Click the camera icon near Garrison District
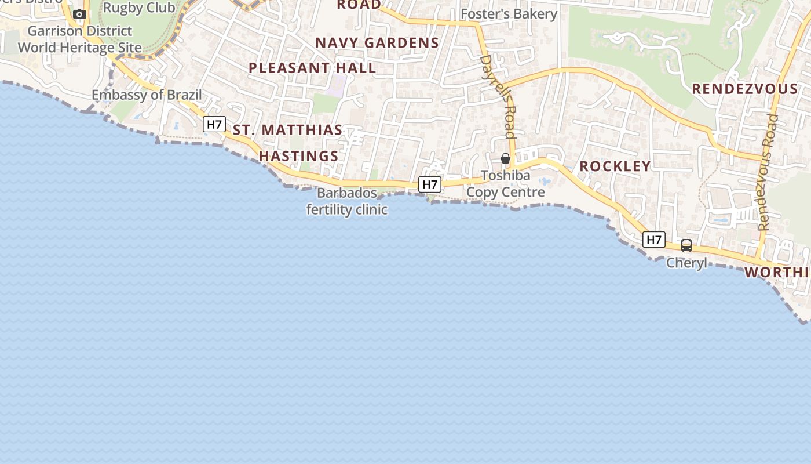pos(80,14)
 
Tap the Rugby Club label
pos(139,8)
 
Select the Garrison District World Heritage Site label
pos(80,39)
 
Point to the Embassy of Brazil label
pos(147,95)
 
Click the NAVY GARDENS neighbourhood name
pos(377,43)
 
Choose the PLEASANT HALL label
pos(312,68)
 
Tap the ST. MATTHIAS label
pos(288,130)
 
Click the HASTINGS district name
pos(298,156)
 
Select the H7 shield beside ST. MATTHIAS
pos(214,124)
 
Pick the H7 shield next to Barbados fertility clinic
pos(430,184)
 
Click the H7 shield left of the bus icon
pos(654,239)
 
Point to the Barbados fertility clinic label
pos(347,201)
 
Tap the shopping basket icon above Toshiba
pos(505,158)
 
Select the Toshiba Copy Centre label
pos(506,184)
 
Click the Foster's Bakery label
pos(509,14)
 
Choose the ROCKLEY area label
pos(615,166)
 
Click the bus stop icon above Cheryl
pos(686,245)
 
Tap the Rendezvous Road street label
pos(768,173)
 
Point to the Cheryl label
pos(686,263)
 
